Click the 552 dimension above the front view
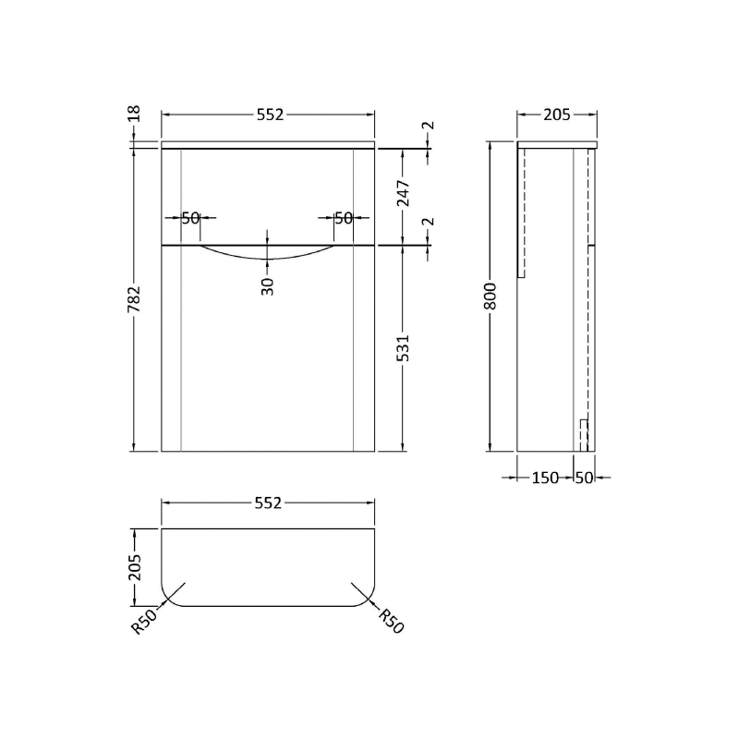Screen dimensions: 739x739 coord(269,115)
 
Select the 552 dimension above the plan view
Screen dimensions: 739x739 coord(267,503)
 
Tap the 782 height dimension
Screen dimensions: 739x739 coord(134,299)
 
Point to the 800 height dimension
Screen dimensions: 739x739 coord(491,295)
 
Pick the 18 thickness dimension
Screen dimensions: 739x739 coord(134,114)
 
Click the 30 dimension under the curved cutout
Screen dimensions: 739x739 coord(268,286)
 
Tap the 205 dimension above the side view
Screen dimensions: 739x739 coord(556,115)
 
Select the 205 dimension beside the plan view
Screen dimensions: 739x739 coord(134,565)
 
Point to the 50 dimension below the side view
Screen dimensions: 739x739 coord(584,478)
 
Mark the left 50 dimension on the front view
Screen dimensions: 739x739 coord(190,218)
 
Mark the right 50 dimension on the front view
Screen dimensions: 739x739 coord(344,218)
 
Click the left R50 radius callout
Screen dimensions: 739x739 coord(146,624)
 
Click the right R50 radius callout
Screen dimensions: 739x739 coord(392,624)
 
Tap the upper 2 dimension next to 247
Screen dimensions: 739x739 coord(428,127)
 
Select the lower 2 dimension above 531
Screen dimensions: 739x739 coord(428,224)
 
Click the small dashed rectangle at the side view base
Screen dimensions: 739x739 coord(582,434)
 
